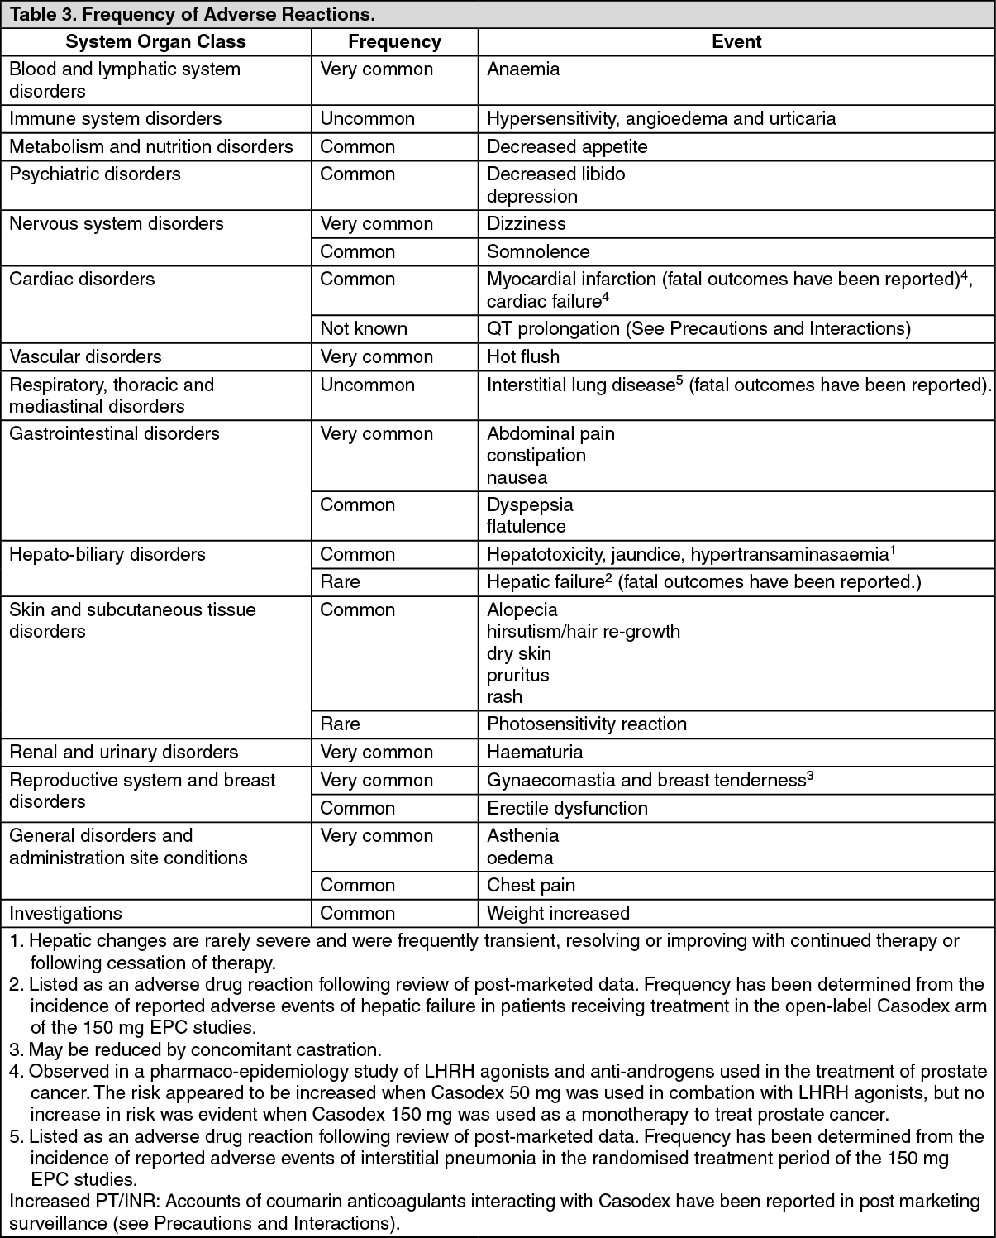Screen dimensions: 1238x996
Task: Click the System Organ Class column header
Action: click(155, 41)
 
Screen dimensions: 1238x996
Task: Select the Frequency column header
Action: click(394, 41)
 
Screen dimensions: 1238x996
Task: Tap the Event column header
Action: click(736, 41)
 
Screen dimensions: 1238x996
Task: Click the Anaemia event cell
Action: click(523, 69)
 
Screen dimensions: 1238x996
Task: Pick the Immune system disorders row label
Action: click(115, 118)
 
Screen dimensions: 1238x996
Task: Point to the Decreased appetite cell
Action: click(567, 146)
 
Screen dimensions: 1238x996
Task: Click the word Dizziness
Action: click(527, 223)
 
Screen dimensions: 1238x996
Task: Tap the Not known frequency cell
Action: click(364, 328)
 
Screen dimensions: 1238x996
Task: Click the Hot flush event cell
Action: click(523, 356)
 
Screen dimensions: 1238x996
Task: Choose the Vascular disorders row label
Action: click(85, 356)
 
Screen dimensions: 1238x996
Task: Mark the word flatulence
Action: click(526, 526)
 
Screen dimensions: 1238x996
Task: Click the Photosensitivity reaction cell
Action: click(587, 724)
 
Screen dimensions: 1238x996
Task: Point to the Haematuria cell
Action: click(535, 752)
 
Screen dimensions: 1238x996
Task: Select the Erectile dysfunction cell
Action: click(567, 808)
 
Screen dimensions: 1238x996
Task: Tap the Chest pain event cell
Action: click(531, 885)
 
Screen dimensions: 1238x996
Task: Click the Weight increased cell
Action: click(558, 913)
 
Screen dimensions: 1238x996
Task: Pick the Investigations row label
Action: click(65, 913)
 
